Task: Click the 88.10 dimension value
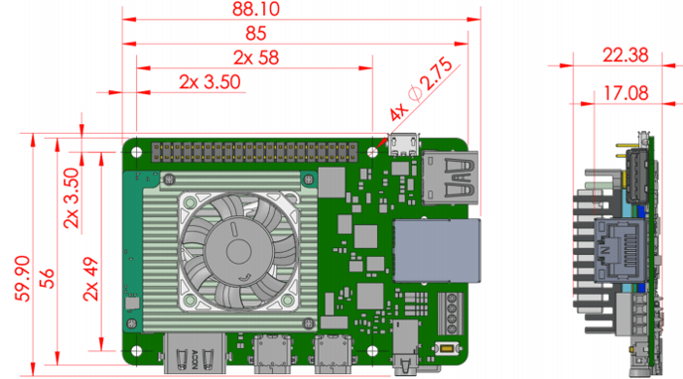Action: (x=256, y=9)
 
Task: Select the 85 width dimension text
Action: (x=256, y=34)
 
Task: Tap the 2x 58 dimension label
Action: (x=256, y=58)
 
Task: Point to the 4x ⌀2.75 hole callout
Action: (x=420, y=89)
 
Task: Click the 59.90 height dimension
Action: (x=23, y=279)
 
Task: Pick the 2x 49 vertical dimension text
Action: (x=91, y=279)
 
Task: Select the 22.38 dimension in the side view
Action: (x=625, y=56)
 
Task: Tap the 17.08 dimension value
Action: (x=625, y=93)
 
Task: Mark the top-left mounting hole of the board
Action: (x=137, y=152)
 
